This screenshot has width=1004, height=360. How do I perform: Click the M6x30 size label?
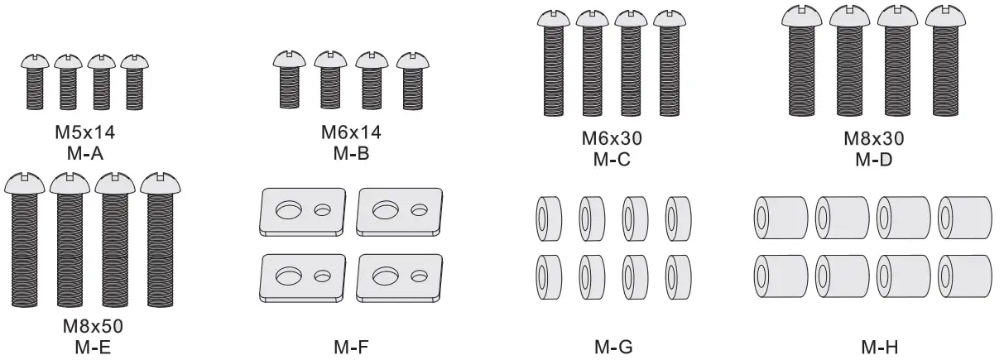click(612, 138)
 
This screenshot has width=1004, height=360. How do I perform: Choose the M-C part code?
click(612, 158)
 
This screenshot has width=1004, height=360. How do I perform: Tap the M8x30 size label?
click(873, 138)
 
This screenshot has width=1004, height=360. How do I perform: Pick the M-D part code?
click(873, 158)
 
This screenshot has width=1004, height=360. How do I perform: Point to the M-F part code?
click(351, 348)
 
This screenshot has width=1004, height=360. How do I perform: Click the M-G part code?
click(612, 348)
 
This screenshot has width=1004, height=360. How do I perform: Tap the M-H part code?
click(874, 348)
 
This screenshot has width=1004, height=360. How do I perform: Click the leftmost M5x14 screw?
click(34, 82)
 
